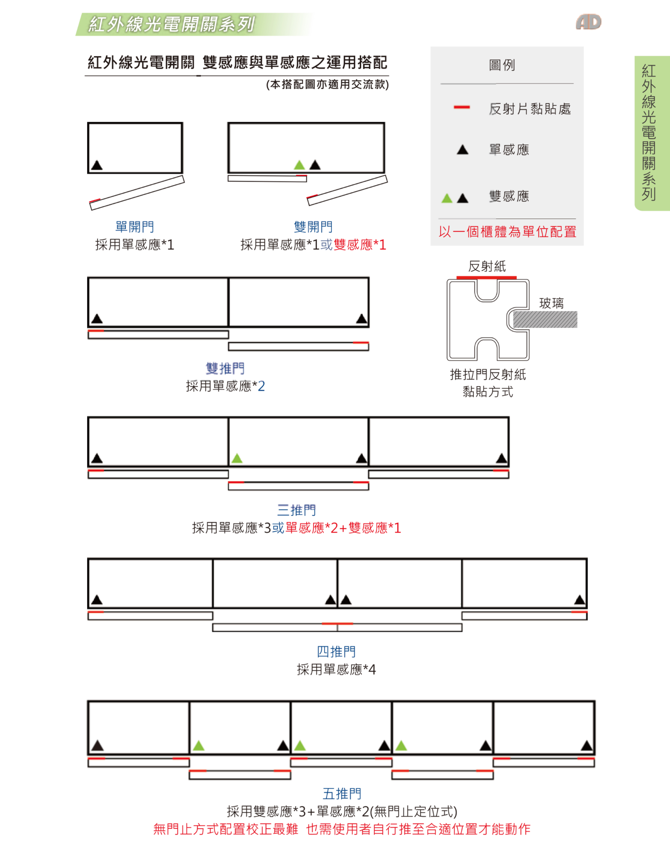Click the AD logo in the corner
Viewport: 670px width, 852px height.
589,22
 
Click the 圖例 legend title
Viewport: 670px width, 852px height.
502,65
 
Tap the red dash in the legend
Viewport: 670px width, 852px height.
462,107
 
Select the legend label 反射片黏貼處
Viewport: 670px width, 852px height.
530,109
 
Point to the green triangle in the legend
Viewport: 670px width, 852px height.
447,198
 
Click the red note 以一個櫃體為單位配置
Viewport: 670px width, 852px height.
507,232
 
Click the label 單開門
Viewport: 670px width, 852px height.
134,227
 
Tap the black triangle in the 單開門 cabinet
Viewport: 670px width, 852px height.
97,165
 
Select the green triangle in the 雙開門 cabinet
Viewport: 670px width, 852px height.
299,165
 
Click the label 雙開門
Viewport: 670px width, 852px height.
313,227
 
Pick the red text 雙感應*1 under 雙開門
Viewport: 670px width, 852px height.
360,244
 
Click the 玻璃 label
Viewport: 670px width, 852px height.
551,303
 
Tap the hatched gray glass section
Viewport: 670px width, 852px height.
545,320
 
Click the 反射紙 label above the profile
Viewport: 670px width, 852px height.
487,266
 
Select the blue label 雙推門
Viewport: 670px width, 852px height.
225,368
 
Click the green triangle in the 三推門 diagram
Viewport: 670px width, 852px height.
237,459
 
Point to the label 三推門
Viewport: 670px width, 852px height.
297,510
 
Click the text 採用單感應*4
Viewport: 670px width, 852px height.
336,669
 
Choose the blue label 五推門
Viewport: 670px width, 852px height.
342,794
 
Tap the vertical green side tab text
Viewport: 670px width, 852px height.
649,132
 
